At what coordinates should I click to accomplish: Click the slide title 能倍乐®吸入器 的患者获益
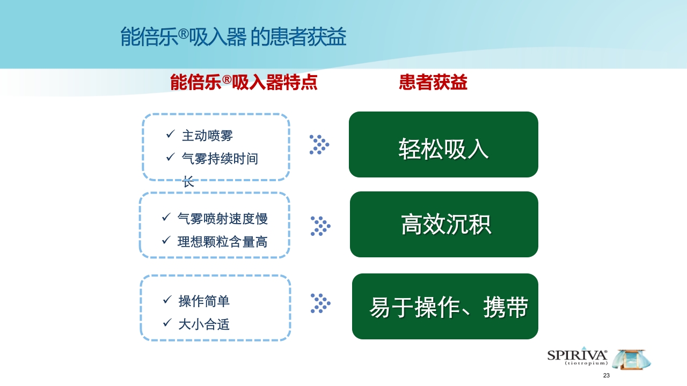click(x=233, y=38)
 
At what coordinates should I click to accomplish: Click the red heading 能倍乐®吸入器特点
click(x=244, y=83)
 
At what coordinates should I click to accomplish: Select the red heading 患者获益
click(x=433, y=83)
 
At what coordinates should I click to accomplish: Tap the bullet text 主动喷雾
click(x=207, y=136)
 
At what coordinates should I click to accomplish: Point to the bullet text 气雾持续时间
click(x=220, y=159)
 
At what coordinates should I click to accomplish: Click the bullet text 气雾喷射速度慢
click(x=222, y=219)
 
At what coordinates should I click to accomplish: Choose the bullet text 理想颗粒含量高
click(x=222, y=242)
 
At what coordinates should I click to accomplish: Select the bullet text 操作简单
click(x=204, y=301)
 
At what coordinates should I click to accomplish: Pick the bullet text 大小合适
click(x=204, y=324)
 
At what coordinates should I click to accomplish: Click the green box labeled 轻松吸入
click(x=443, y=145)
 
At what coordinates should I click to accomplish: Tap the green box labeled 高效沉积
click(x=444, y=224)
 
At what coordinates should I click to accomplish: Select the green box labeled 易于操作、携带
click(x=445, y=306)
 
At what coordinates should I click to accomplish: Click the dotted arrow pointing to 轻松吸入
click(x=319, y=145)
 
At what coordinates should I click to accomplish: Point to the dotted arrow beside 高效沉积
click(x=320, y=226)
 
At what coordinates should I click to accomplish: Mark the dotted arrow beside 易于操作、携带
click(x=320, y=303)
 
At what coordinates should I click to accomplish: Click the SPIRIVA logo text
click(x=577, y=355)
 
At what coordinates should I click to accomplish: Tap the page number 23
click(x=606, y=375)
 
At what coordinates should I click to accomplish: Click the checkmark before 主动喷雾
click(x=170, y=133)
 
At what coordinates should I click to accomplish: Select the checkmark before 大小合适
click(x=167, y=323)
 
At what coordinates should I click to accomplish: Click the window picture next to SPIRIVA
click(x=631, y=359)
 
